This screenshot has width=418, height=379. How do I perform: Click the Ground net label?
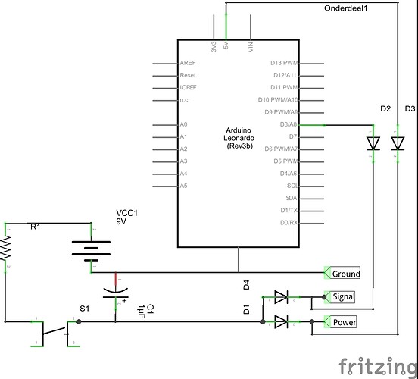click(x=345, y=273)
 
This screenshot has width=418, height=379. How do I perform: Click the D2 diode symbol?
click(x=373, y=143)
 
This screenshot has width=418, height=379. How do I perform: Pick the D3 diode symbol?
click(x=396, y=143)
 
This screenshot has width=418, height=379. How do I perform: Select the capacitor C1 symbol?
click(x=115, y=291)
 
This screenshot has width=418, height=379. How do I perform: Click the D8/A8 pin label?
click(x=288, y=124)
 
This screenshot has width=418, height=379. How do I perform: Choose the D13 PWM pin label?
click(x=285, y=63)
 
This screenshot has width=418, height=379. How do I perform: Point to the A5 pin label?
click(x=183, y=186)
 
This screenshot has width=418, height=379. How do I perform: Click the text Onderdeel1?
click(x=345, y=8)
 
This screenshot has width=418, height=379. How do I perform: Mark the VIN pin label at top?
click(x=251, y=46)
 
